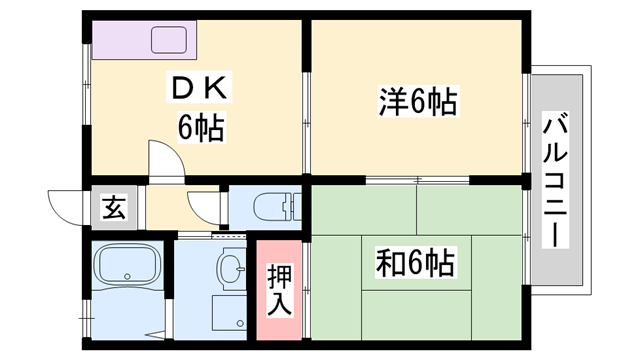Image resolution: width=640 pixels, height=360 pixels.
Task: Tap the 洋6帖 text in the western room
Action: point(417,102)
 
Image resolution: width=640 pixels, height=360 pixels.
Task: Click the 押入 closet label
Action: point(280,288)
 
